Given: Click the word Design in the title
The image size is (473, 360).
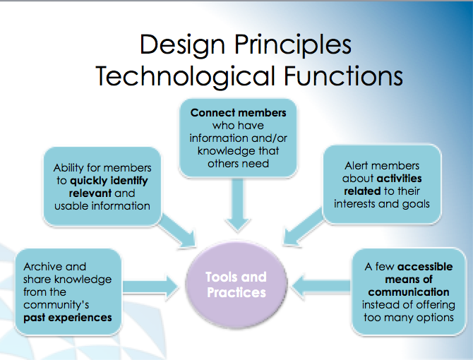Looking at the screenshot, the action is pos(182,45).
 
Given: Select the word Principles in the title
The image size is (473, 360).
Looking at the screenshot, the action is pos(292,45).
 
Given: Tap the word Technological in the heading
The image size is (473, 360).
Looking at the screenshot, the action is pos(185,76).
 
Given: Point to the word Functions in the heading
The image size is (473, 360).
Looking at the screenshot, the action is pos(343,76).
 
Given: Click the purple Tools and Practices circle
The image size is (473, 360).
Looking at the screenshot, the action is pos(236,284).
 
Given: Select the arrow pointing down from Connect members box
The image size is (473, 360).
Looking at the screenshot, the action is pos(238,205).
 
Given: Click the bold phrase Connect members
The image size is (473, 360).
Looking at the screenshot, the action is pos(238,113).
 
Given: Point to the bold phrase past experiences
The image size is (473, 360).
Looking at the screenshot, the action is pos(68,318).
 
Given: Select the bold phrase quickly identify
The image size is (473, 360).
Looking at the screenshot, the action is pos(109,181).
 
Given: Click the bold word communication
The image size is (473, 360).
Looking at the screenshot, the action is pos(409,292).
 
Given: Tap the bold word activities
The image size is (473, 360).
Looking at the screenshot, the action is pos(399,179).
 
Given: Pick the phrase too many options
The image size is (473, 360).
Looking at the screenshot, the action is pos(409,318).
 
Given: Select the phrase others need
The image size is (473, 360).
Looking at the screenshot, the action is pos(238,164).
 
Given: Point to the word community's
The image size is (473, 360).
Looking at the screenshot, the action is pos(56,305).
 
